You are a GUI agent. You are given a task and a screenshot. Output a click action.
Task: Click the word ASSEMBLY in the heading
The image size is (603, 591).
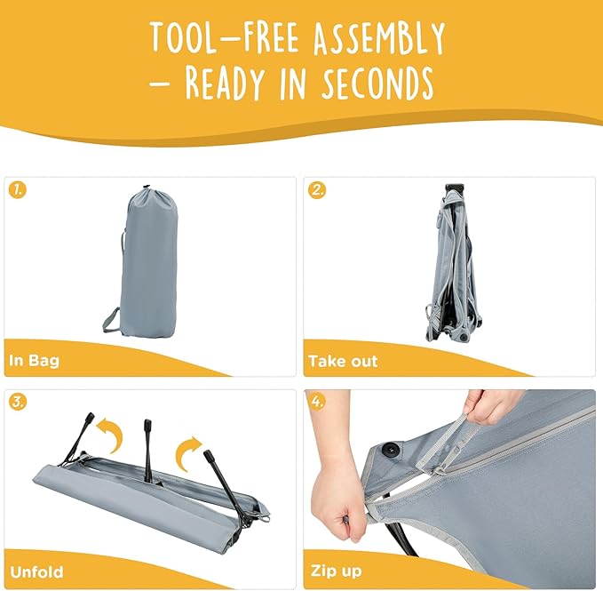click(379, 37)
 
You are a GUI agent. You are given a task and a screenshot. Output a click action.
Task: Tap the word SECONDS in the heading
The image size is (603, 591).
click(377, 83)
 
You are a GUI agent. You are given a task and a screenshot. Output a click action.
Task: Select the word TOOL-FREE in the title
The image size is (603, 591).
click(225, 37)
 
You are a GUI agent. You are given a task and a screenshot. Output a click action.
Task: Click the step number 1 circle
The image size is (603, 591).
click(18, 189)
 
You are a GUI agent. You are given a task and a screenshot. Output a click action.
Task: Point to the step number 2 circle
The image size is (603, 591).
click(317, 189)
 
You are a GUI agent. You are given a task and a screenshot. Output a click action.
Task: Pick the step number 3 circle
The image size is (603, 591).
click(18, 402)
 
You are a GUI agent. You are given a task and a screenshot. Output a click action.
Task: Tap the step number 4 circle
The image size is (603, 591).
click(317, 402)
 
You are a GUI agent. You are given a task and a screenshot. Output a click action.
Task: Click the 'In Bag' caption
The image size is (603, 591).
click(35, 361)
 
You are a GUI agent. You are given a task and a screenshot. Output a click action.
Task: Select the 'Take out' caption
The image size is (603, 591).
click(343, 361)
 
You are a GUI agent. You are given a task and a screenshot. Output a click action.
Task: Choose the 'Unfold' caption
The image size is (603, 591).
click(36, 571)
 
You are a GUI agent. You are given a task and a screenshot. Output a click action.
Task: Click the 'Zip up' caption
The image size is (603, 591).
click(336, 571)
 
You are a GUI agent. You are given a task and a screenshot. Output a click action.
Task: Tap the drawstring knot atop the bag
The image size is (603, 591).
click(146, 188)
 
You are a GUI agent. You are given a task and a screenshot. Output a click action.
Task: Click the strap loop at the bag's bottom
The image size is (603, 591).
click(112, 321)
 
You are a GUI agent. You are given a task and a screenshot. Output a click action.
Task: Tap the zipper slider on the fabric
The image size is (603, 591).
click(437, 470)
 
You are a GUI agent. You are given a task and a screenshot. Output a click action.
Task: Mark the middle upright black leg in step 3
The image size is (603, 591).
click(147, 451)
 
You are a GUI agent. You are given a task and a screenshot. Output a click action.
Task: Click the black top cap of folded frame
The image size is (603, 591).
click(454, 188)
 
